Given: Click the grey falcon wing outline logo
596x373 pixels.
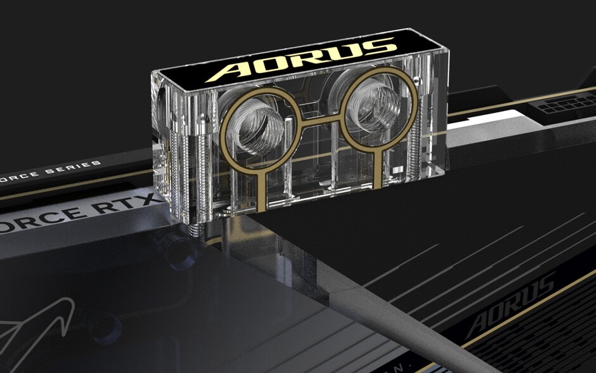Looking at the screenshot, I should click(38, 327).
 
